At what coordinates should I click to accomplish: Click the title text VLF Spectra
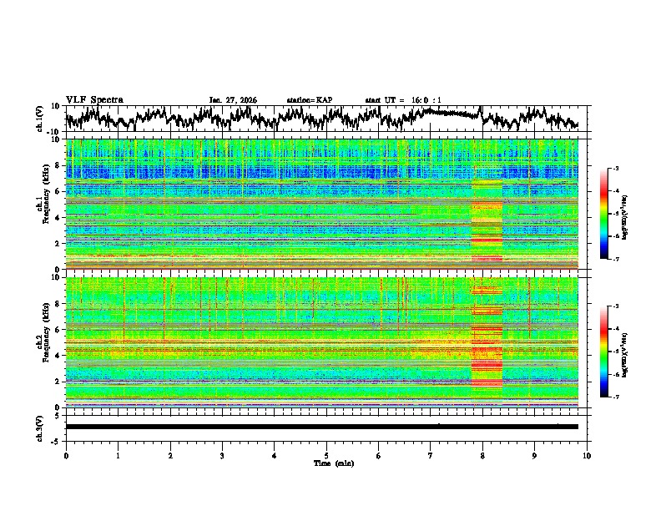(x=94, y=99)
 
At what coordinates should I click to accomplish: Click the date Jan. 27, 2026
(x=233, y=100)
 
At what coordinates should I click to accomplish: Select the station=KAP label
(x=309, y=100)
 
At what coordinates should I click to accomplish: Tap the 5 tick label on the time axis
(x=326, y=455)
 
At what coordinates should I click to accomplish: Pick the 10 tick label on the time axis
(x=587, y=455)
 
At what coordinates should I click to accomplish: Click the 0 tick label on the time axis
(x=66, y=455)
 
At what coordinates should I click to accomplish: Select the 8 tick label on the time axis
(x=482, y=455)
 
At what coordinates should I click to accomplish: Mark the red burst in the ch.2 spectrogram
(x=487, y=351)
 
